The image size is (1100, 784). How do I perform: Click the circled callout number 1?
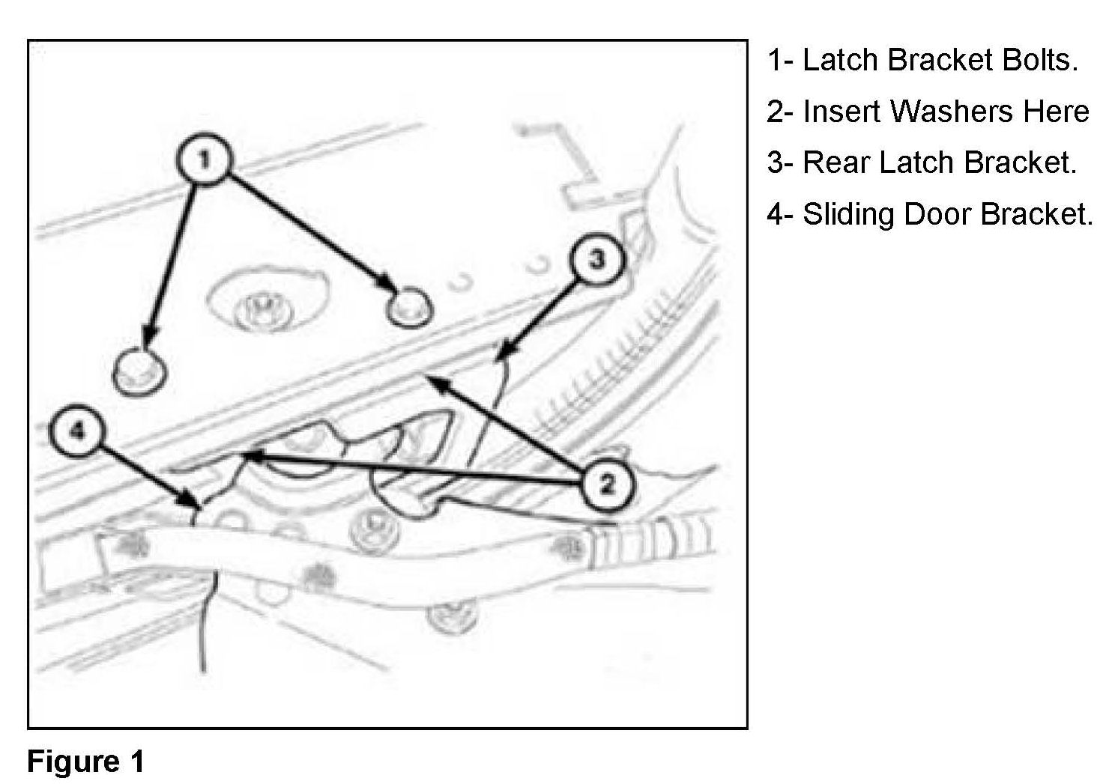tap(204, 159)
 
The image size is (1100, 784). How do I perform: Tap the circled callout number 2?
tap(606, 484)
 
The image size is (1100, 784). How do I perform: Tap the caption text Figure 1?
tap(85, 762)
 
